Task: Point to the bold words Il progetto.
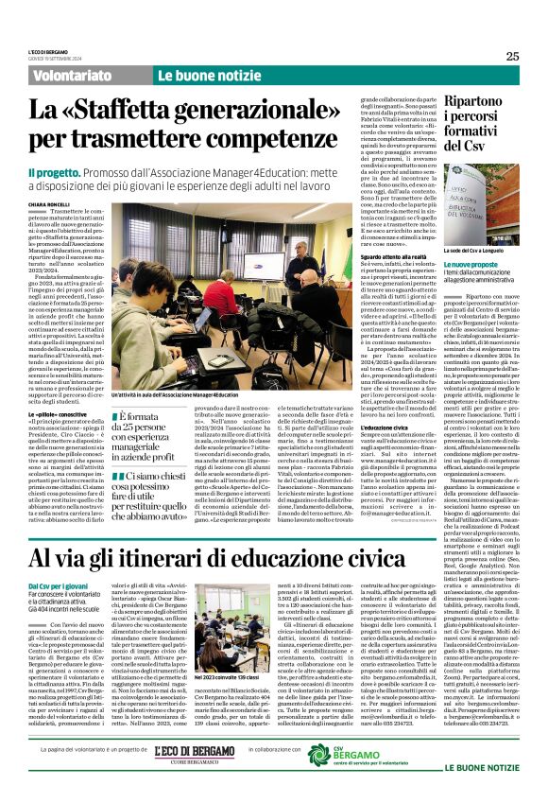pos(79,173)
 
